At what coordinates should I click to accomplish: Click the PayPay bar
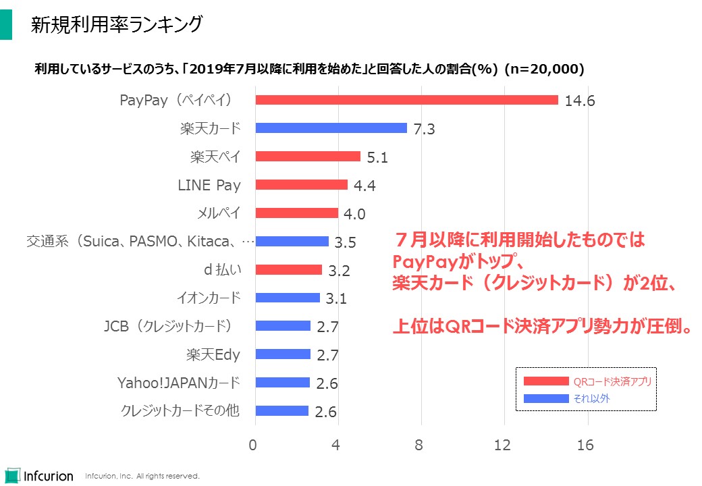point(406,100)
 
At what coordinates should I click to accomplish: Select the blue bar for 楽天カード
point(331,128)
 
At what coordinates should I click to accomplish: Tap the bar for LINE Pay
point(301,184)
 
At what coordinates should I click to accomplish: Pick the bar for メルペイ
point(296,213)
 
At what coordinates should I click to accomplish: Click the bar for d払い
point(288,270)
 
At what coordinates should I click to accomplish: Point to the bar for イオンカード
point(288,298)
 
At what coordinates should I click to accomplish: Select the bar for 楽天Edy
point(283,354)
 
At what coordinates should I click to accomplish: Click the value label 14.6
point(580,101)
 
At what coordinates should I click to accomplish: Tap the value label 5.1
point(379,158)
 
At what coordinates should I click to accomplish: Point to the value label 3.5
point(345,242)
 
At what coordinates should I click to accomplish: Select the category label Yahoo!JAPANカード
point(178,383)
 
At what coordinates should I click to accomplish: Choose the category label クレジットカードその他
point(180,410)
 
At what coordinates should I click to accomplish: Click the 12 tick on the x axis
point(503,445)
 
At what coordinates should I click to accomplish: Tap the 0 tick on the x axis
point(253,445)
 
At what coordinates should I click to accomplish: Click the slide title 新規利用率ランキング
point(117,25)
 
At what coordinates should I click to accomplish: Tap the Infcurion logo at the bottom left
point(38,475)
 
